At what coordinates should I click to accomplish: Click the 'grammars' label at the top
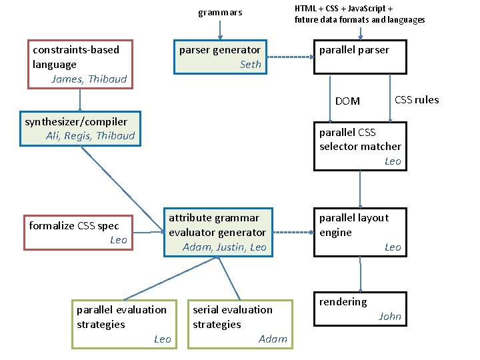220,13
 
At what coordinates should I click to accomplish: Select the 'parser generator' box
220,57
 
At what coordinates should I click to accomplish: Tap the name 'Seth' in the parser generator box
251,65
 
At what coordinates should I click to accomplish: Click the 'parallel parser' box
360,57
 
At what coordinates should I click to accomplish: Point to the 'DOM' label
347,101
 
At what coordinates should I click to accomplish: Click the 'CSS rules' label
417,100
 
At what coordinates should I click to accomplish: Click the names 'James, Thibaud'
89,79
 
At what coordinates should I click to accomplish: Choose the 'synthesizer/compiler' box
79,128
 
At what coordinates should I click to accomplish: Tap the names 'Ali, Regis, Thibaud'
90,136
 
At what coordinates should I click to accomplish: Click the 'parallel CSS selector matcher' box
360,146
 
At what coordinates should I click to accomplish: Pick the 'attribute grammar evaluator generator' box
217,232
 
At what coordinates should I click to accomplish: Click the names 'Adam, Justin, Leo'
224,247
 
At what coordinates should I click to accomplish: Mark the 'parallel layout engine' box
360,232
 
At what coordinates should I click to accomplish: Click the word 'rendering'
343,302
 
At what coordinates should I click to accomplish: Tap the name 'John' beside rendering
390,317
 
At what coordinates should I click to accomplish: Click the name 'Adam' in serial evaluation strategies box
273,339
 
